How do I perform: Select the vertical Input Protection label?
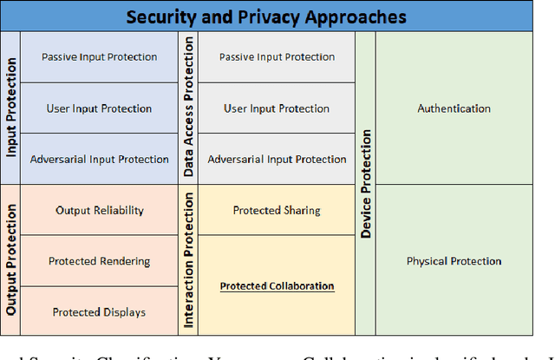[x=11, y=107]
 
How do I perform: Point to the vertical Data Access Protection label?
[x=189, y=107]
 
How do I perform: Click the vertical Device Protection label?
[x=366, y=183]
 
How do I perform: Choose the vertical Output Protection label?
[x=11, y=259]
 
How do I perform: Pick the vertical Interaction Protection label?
[x=189, y=259]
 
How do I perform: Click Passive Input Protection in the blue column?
[x=100, y=57]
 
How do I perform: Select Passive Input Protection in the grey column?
[x=277, y=57]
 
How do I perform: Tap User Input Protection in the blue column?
[x=100, y=108]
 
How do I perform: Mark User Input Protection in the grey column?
[x=277, y=108]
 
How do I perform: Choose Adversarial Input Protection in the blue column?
[x=100, y=160]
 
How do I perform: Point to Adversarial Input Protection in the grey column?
[x=277, y=160]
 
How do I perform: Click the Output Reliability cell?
[x=100, y=210]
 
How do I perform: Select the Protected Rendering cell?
[x=100, y=261]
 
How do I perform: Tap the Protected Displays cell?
[x=100, y=312]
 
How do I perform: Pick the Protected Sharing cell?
[x=277, y=210]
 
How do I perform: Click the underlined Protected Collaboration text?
[x=277, y=286]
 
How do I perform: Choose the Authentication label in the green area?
[x=454, y=108]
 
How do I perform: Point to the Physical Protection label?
[x=454, y=260]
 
